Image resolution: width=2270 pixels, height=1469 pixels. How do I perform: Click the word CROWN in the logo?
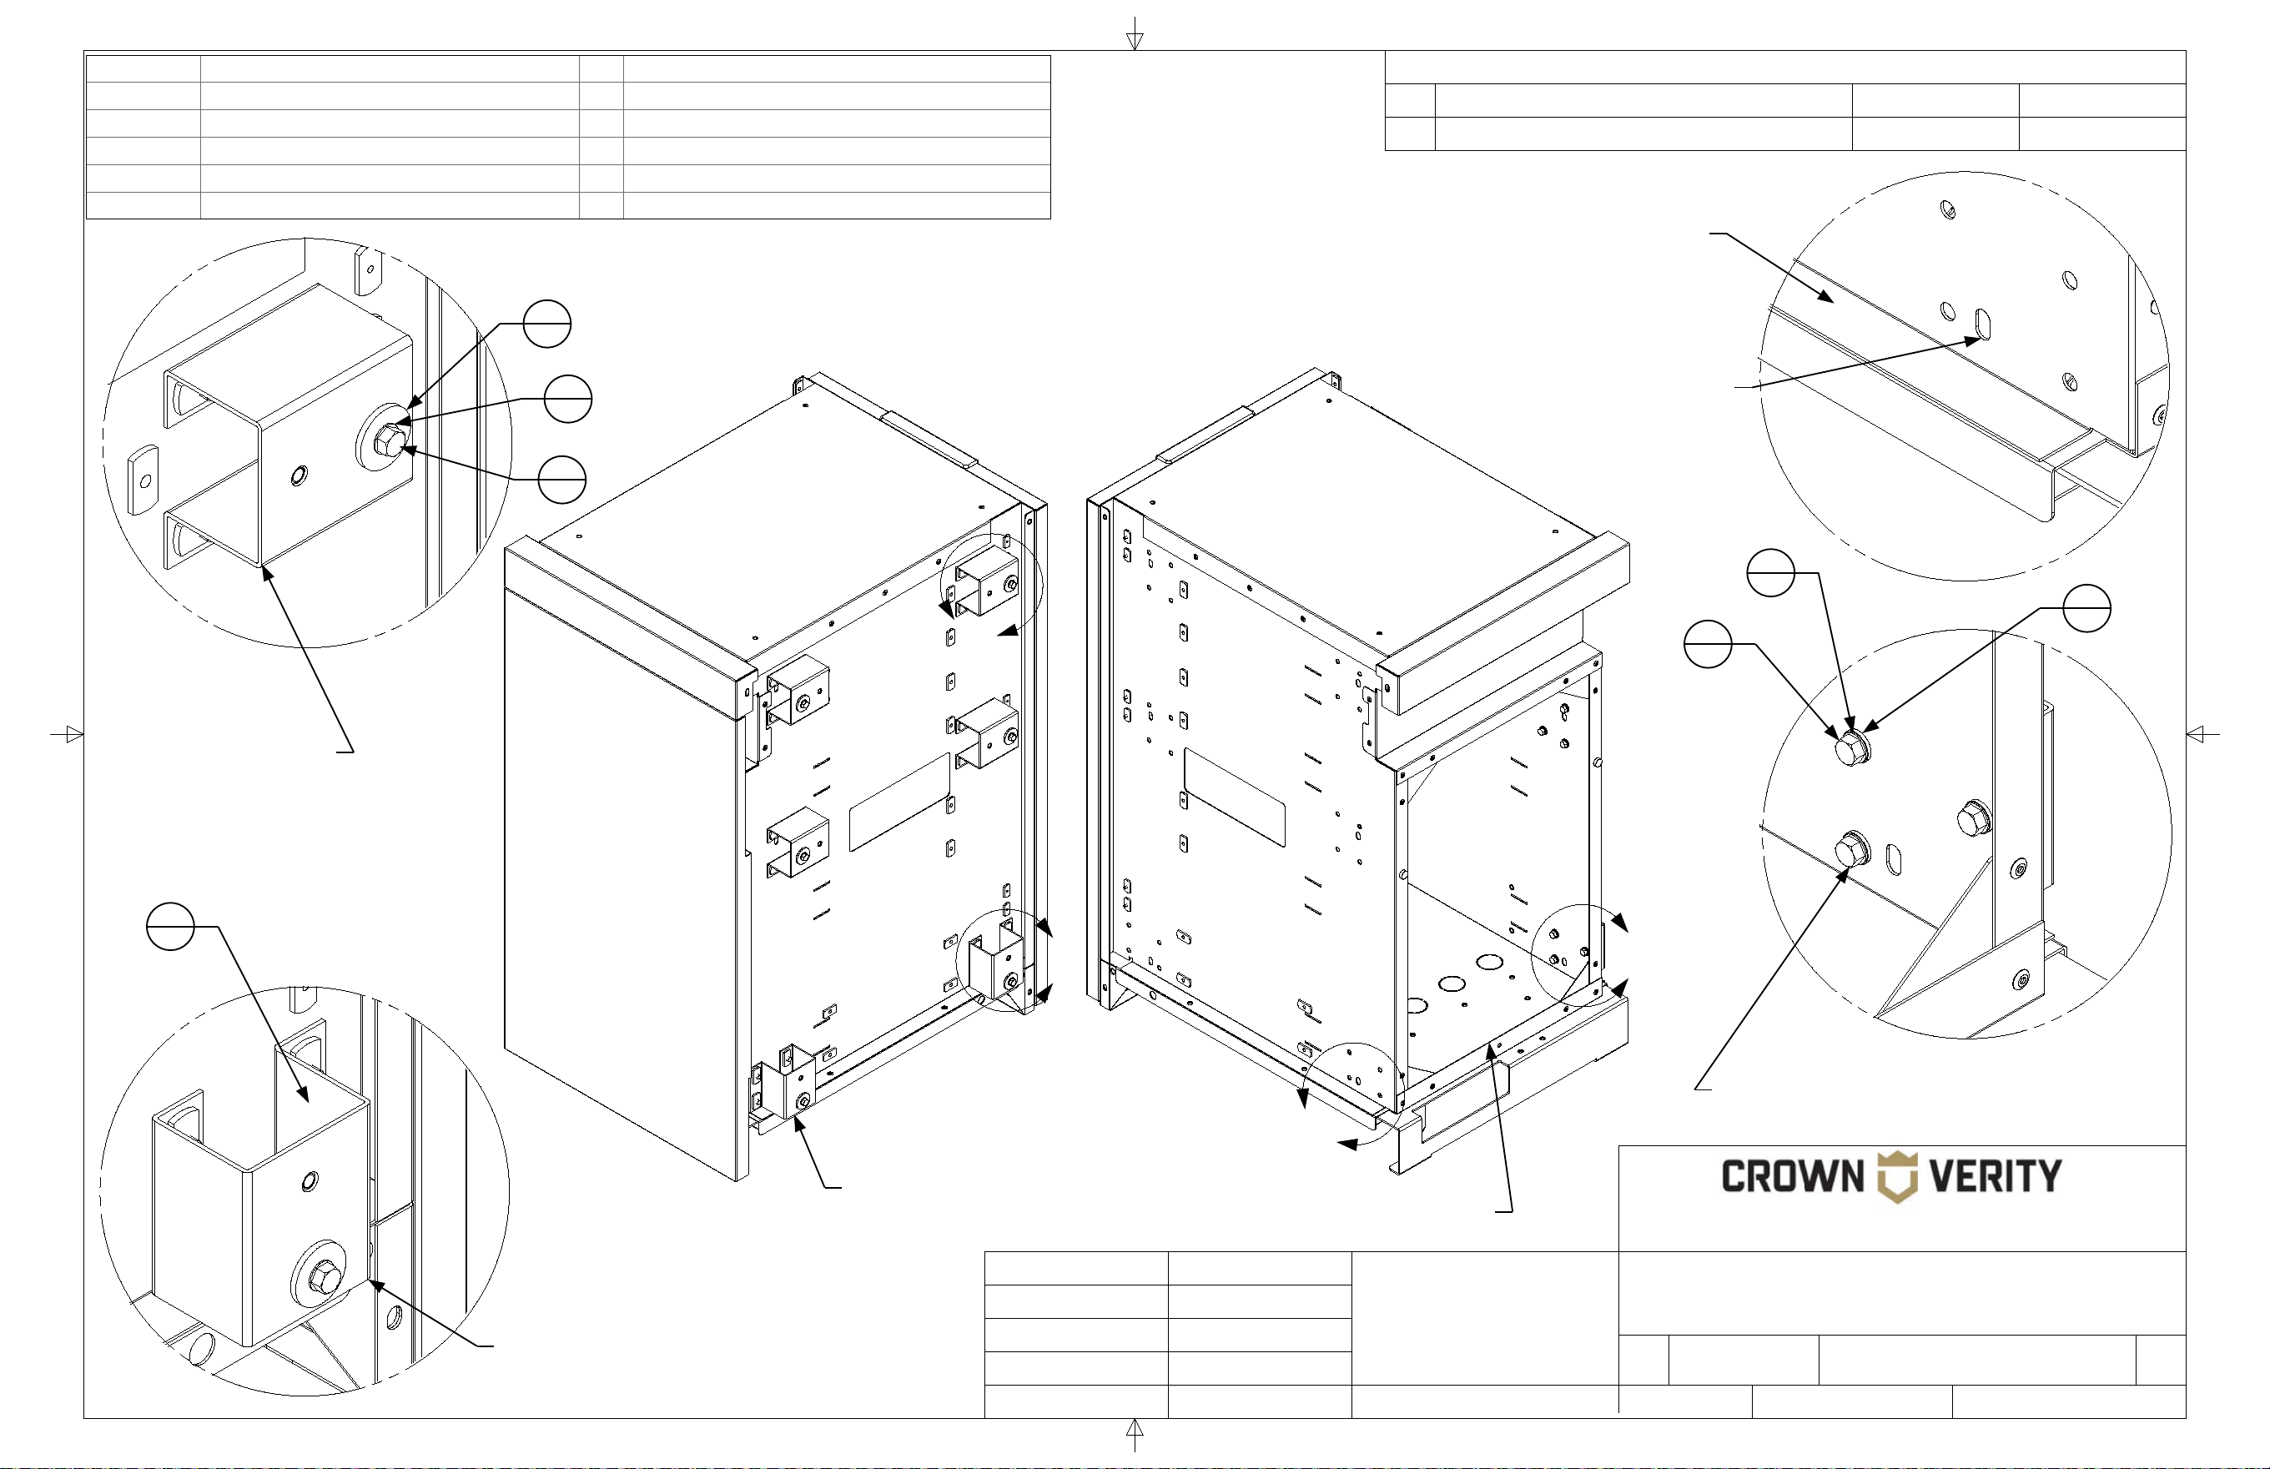(x=1792, y=1176)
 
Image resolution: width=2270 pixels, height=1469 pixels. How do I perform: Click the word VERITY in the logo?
(x=1996, y=1176)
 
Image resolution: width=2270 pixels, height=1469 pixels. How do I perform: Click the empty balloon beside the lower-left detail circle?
(x=171, y=926)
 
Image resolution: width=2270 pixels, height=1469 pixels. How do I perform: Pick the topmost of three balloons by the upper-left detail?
(x=547, y=324)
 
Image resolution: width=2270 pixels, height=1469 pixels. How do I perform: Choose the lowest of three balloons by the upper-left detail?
(x=561, y=479)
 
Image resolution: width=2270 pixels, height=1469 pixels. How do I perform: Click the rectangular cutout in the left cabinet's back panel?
(x=899, y=802)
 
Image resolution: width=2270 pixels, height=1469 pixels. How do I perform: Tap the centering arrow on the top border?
(x=1135, y=36)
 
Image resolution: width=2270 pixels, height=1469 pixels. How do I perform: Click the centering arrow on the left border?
(x=67, y=734)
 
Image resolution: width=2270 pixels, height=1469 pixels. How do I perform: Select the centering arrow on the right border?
(x=2202, y=734)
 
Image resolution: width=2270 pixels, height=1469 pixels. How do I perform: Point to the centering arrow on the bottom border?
(x=1135, y=1434)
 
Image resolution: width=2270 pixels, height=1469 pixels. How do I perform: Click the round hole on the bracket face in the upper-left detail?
(x=300, y=474)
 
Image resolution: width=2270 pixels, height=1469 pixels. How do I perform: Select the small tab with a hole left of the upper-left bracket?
(x=142, y=479)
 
